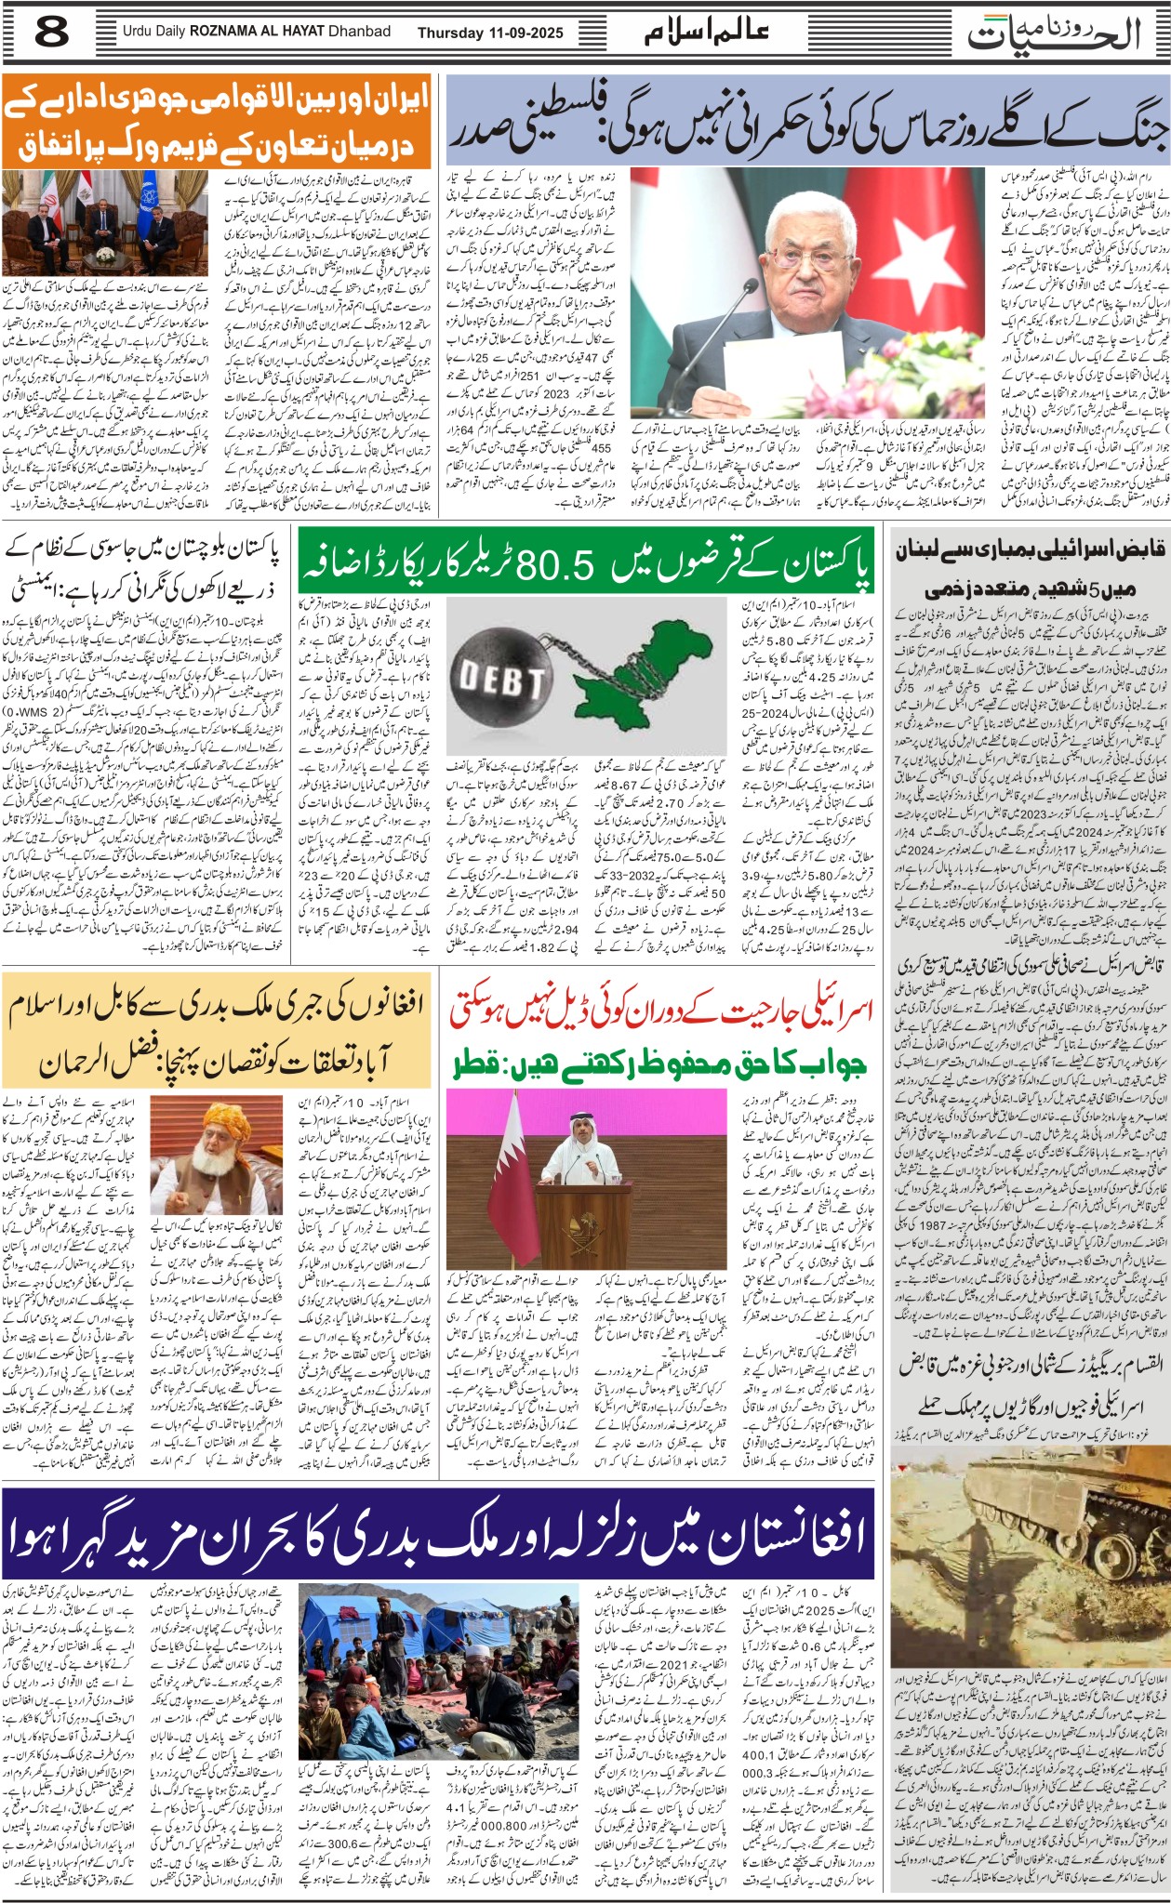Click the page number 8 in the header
51,33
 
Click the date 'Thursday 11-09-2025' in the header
490,33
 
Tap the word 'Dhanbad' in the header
359,32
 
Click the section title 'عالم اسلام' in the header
707,33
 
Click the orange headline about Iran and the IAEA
217,122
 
